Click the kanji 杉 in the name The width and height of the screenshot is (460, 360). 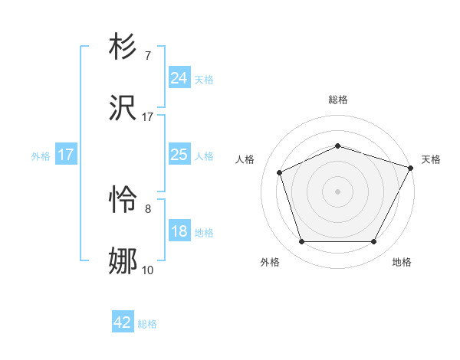(123, 47)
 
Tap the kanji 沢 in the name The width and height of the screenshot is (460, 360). (123, 108)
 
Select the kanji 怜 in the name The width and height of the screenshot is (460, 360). (123, 201)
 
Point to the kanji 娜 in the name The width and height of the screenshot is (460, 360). (123, 261)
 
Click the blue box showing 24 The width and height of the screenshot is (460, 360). (179, 78)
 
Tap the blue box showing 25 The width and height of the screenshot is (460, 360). (179, 155)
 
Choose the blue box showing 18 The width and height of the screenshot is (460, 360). (179, 231)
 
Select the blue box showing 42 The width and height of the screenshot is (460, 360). (123, 322)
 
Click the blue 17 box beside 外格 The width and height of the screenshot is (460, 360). (65, 155)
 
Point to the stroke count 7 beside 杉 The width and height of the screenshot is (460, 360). (147, 56)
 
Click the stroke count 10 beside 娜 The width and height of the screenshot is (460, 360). (147, 270)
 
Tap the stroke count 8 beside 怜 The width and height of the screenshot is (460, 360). (147, 208)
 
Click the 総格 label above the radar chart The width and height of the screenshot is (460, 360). (337, 100)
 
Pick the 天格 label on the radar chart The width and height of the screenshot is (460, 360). (431, 159)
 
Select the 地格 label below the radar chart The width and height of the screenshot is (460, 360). (402, 262)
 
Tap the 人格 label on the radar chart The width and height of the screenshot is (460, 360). (245, 159)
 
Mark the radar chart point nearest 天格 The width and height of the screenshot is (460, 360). (412, 168)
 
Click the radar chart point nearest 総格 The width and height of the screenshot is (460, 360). (337, 146)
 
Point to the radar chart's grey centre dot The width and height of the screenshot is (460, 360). (337, 191)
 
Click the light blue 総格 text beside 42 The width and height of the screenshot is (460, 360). (147, 324)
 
